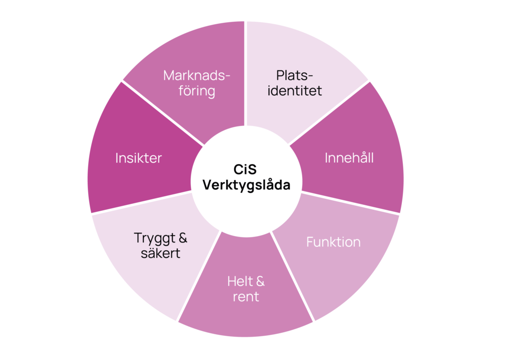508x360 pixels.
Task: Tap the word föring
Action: pyautogui.click(x=197, y=91)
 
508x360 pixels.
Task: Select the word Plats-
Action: pyautogui.click(x=295, y=76)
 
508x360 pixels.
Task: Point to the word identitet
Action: pyautogui.click(x=295, y=91)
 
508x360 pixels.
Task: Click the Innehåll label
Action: pyautogui.click(x=349, y=158)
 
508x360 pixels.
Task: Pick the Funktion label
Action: pyautogui.click(x=333, y=242)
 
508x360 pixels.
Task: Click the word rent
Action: pyautogui.click(x=246, y=298)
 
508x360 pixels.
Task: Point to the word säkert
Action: pyautogui.click(x=160, y=254)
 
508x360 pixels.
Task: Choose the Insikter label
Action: pyautogui.click(x=139, y=158)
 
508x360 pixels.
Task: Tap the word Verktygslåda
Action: pyautogui.click(x=246, y=185)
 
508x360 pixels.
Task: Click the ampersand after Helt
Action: pyautogui.click(x=259, y=282)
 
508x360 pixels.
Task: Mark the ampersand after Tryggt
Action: pyautogui.click(x=182, y=238)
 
